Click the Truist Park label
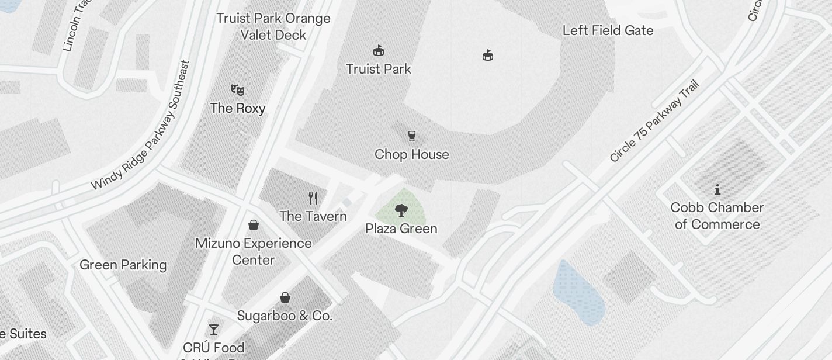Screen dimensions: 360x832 (379, 69)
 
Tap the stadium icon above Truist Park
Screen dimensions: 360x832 (379, 51)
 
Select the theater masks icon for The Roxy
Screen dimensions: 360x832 (237, 90)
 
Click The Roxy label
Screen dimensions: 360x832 (238, 108)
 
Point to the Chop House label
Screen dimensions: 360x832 (412, 154)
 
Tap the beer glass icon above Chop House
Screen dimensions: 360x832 (412, 136)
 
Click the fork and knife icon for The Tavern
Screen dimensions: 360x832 (313, 198)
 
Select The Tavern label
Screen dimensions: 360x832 (313, 216)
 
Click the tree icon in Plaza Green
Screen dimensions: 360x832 (401, 210)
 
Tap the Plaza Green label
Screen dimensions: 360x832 (401, 229)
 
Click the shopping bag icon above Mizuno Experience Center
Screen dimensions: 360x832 (254, 225)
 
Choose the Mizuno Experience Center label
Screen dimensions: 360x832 (254, 251)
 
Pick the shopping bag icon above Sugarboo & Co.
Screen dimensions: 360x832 (285, 297)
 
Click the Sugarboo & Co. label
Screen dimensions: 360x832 (285, 316)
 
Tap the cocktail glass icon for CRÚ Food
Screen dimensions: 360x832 (214, 330)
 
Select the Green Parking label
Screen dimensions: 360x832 (123, 265)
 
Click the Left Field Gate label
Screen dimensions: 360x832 (608, 30)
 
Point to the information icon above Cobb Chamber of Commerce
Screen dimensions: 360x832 (717, 189)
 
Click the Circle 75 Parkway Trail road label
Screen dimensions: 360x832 (654, 122)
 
